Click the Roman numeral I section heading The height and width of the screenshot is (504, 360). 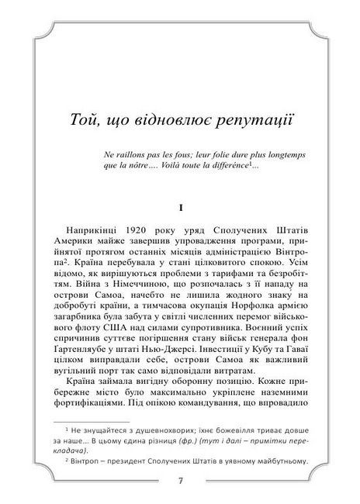click(180, 208)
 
